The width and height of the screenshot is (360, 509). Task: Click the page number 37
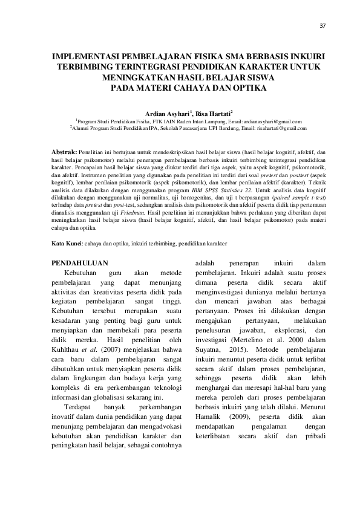322,25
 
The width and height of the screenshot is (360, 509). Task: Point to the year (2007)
121,350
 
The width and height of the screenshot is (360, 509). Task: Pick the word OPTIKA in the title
249,87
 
